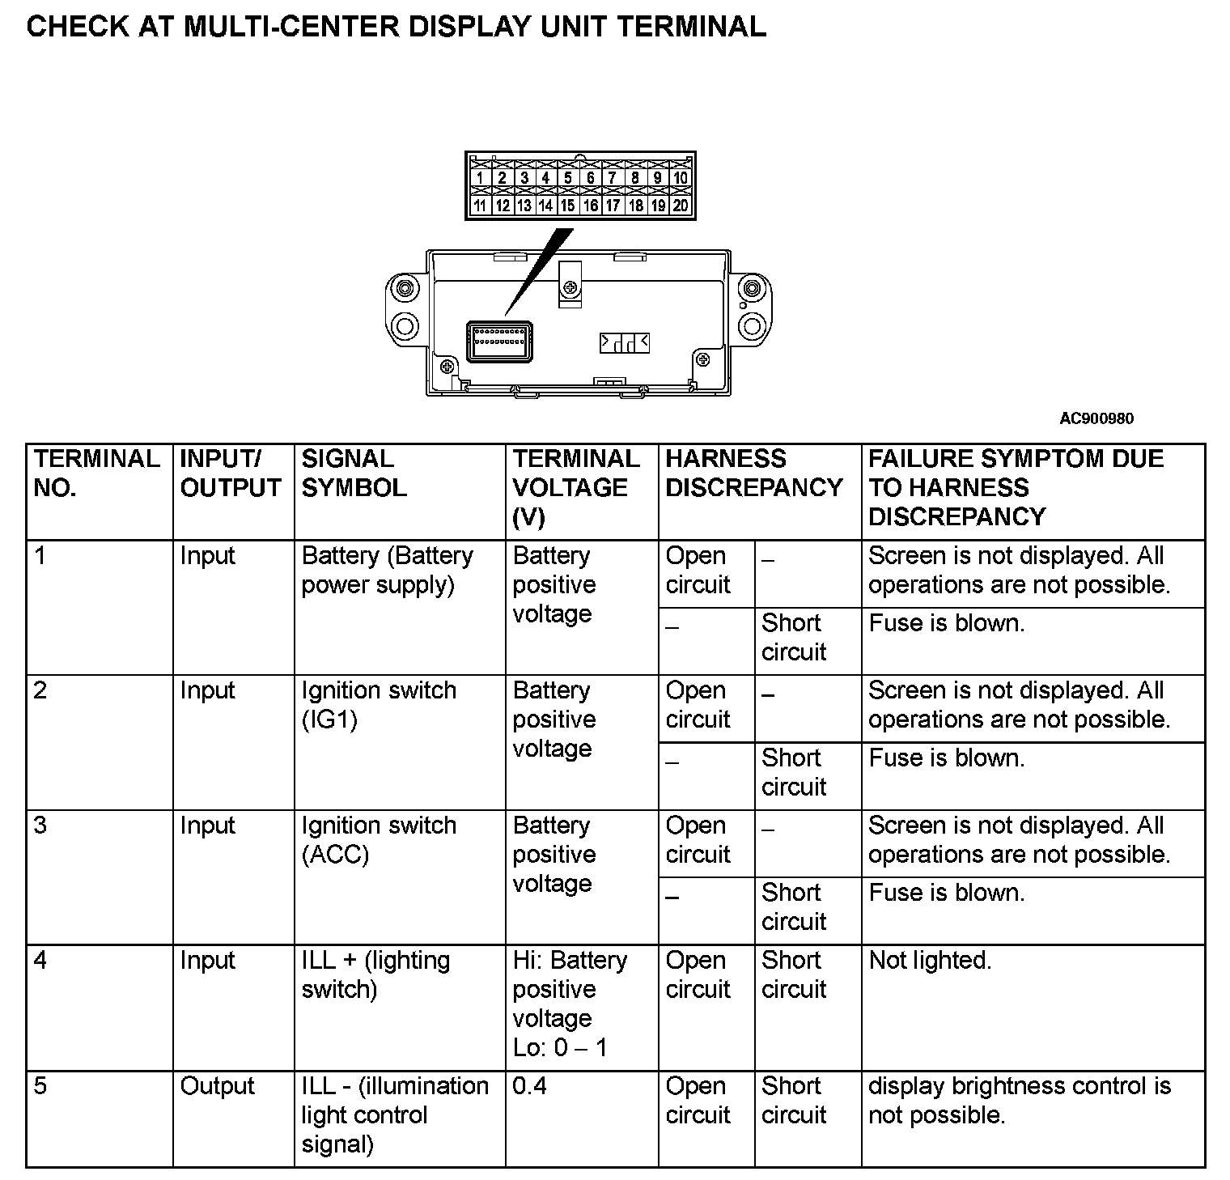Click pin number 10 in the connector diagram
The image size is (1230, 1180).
click(680, 178)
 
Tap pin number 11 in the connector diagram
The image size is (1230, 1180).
click(480, 206)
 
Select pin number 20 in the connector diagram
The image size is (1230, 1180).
click(680, 206)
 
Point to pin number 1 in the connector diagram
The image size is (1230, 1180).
click(480, 178)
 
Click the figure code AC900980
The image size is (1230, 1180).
click(1096, 418)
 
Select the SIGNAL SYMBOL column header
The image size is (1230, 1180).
click(354, 473)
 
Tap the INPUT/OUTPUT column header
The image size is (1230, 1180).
click(230, 473)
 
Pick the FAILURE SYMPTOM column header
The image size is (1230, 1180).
click(1016, 488)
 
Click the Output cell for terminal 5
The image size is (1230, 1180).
click(217, 1086)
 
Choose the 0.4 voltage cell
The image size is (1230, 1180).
click(530, 1086)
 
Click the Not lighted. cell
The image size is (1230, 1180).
click(930, 961)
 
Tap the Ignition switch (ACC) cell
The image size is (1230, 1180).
click(379, 840)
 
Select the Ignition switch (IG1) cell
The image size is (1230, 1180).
click(379, 705)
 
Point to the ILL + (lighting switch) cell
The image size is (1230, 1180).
click(375, 974)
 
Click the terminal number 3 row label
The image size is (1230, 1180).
click(40, 826)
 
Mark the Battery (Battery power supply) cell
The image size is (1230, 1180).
click(387, 570)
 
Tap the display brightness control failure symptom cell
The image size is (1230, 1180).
click(1019, 1101)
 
